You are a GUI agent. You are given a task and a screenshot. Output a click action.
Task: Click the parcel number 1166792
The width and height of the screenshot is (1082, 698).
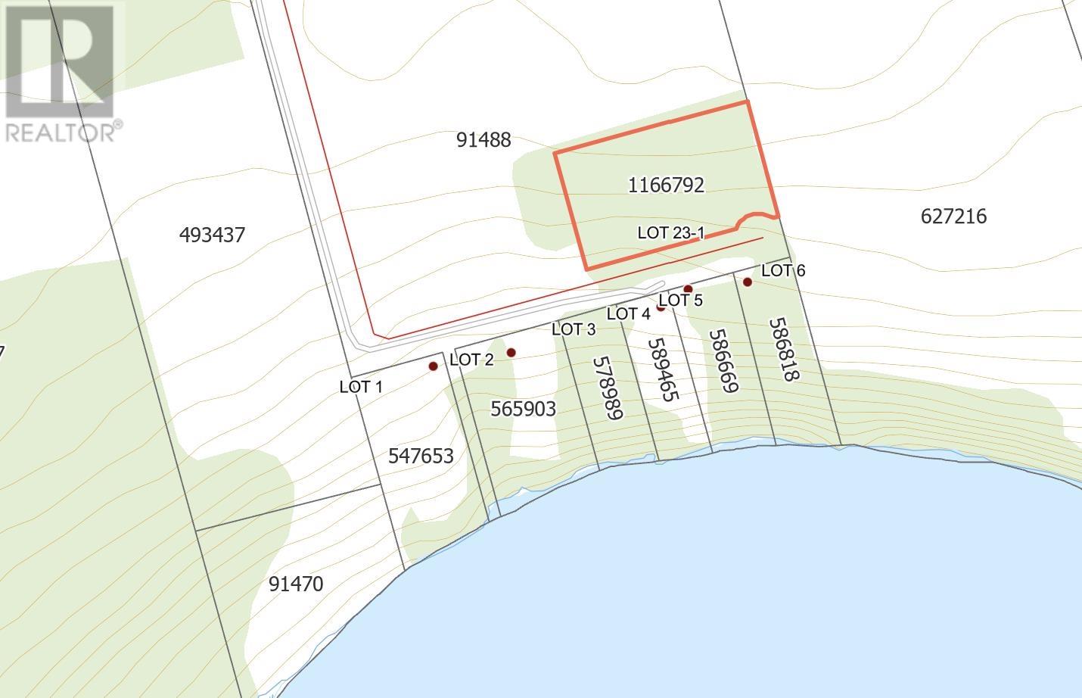coord(666,185)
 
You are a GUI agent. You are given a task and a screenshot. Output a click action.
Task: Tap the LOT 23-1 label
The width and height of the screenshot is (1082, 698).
coord(670,233)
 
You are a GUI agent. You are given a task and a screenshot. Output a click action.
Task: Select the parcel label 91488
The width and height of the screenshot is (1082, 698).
coord(483,140)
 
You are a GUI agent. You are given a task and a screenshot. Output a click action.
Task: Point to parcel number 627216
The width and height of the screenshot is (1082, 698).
coord(953,217)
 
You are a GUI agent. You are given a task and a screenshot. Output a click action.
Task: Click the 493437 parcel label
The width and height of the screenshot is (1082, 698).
coord(212,235)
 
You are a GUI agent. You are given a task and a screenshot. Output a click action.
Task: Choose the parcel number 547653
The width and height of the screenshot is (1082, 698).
coord(421,456)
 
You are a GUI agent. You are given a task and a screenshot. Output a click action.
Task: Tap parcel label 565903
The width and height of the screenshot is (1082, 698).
coord(523,409)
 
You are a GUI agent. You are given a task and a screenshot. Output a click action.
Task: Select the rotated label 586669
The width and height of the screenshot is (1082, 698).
coord(723,360)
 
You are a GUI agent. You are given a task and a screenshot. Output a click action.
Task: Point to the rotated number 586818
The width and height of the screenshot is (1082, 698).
coord(784,349)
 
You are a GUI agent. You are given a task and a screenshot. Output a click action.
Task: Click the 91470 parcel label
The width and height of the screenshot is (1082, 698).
coord(296,584)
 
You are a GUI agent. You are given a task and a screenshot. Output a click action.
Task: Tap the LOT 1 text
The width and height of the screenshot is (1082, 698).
coord(361,387)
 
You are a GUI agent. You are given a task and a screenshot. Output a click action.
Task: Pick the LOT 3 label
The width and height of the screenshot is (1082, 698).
coord(574,329)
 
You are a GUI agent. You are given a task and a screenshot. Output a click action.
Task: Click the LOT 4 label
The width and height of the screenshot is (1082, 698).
coord(628,313)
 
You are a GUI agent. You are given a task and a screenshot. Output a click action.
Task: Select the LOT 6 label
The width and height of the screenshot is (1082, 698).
coord(783,270)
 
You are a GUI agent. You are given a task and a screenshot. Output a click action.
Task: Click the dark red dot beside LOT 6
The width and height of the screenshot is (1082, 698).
coord(747,282)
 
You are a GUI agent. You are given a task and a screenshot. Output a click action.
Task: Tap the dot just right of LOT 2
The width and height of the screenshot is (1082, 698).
coord(511,352)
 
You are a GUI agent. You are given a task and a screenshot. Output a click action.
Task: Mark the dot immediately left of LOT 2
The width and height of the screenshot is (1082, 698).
coord(434,366)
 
